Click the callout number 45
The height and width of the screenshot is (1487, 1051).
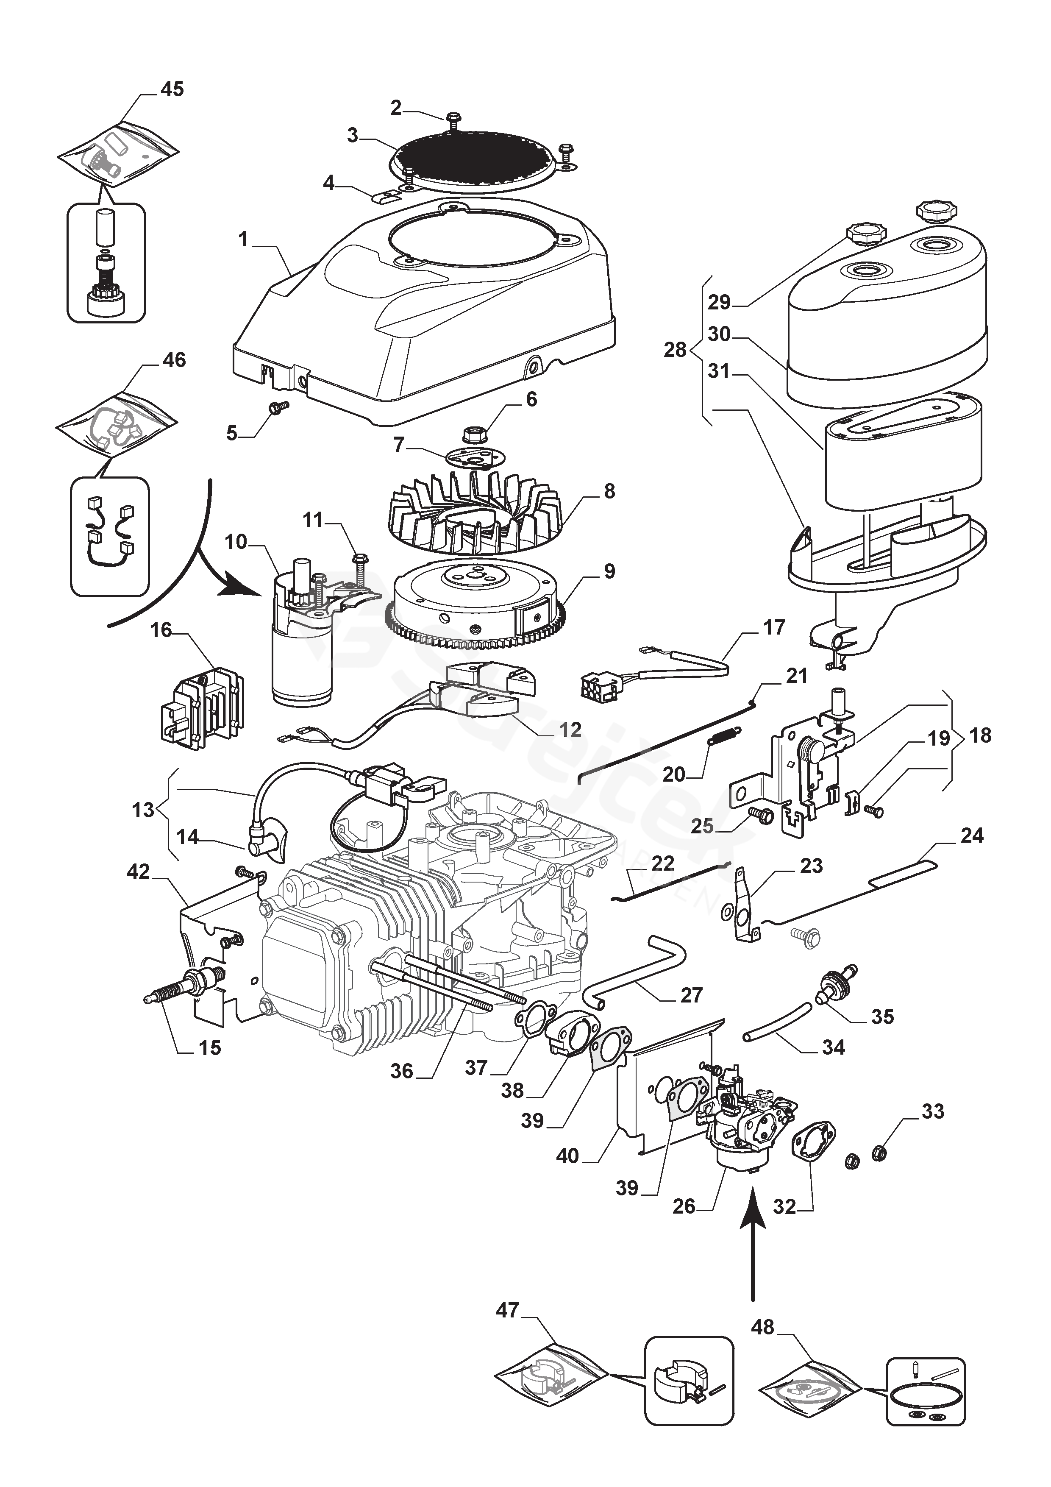pos(172,89)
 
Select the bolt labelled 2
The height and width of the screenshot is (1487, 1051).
pos(453,119)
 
